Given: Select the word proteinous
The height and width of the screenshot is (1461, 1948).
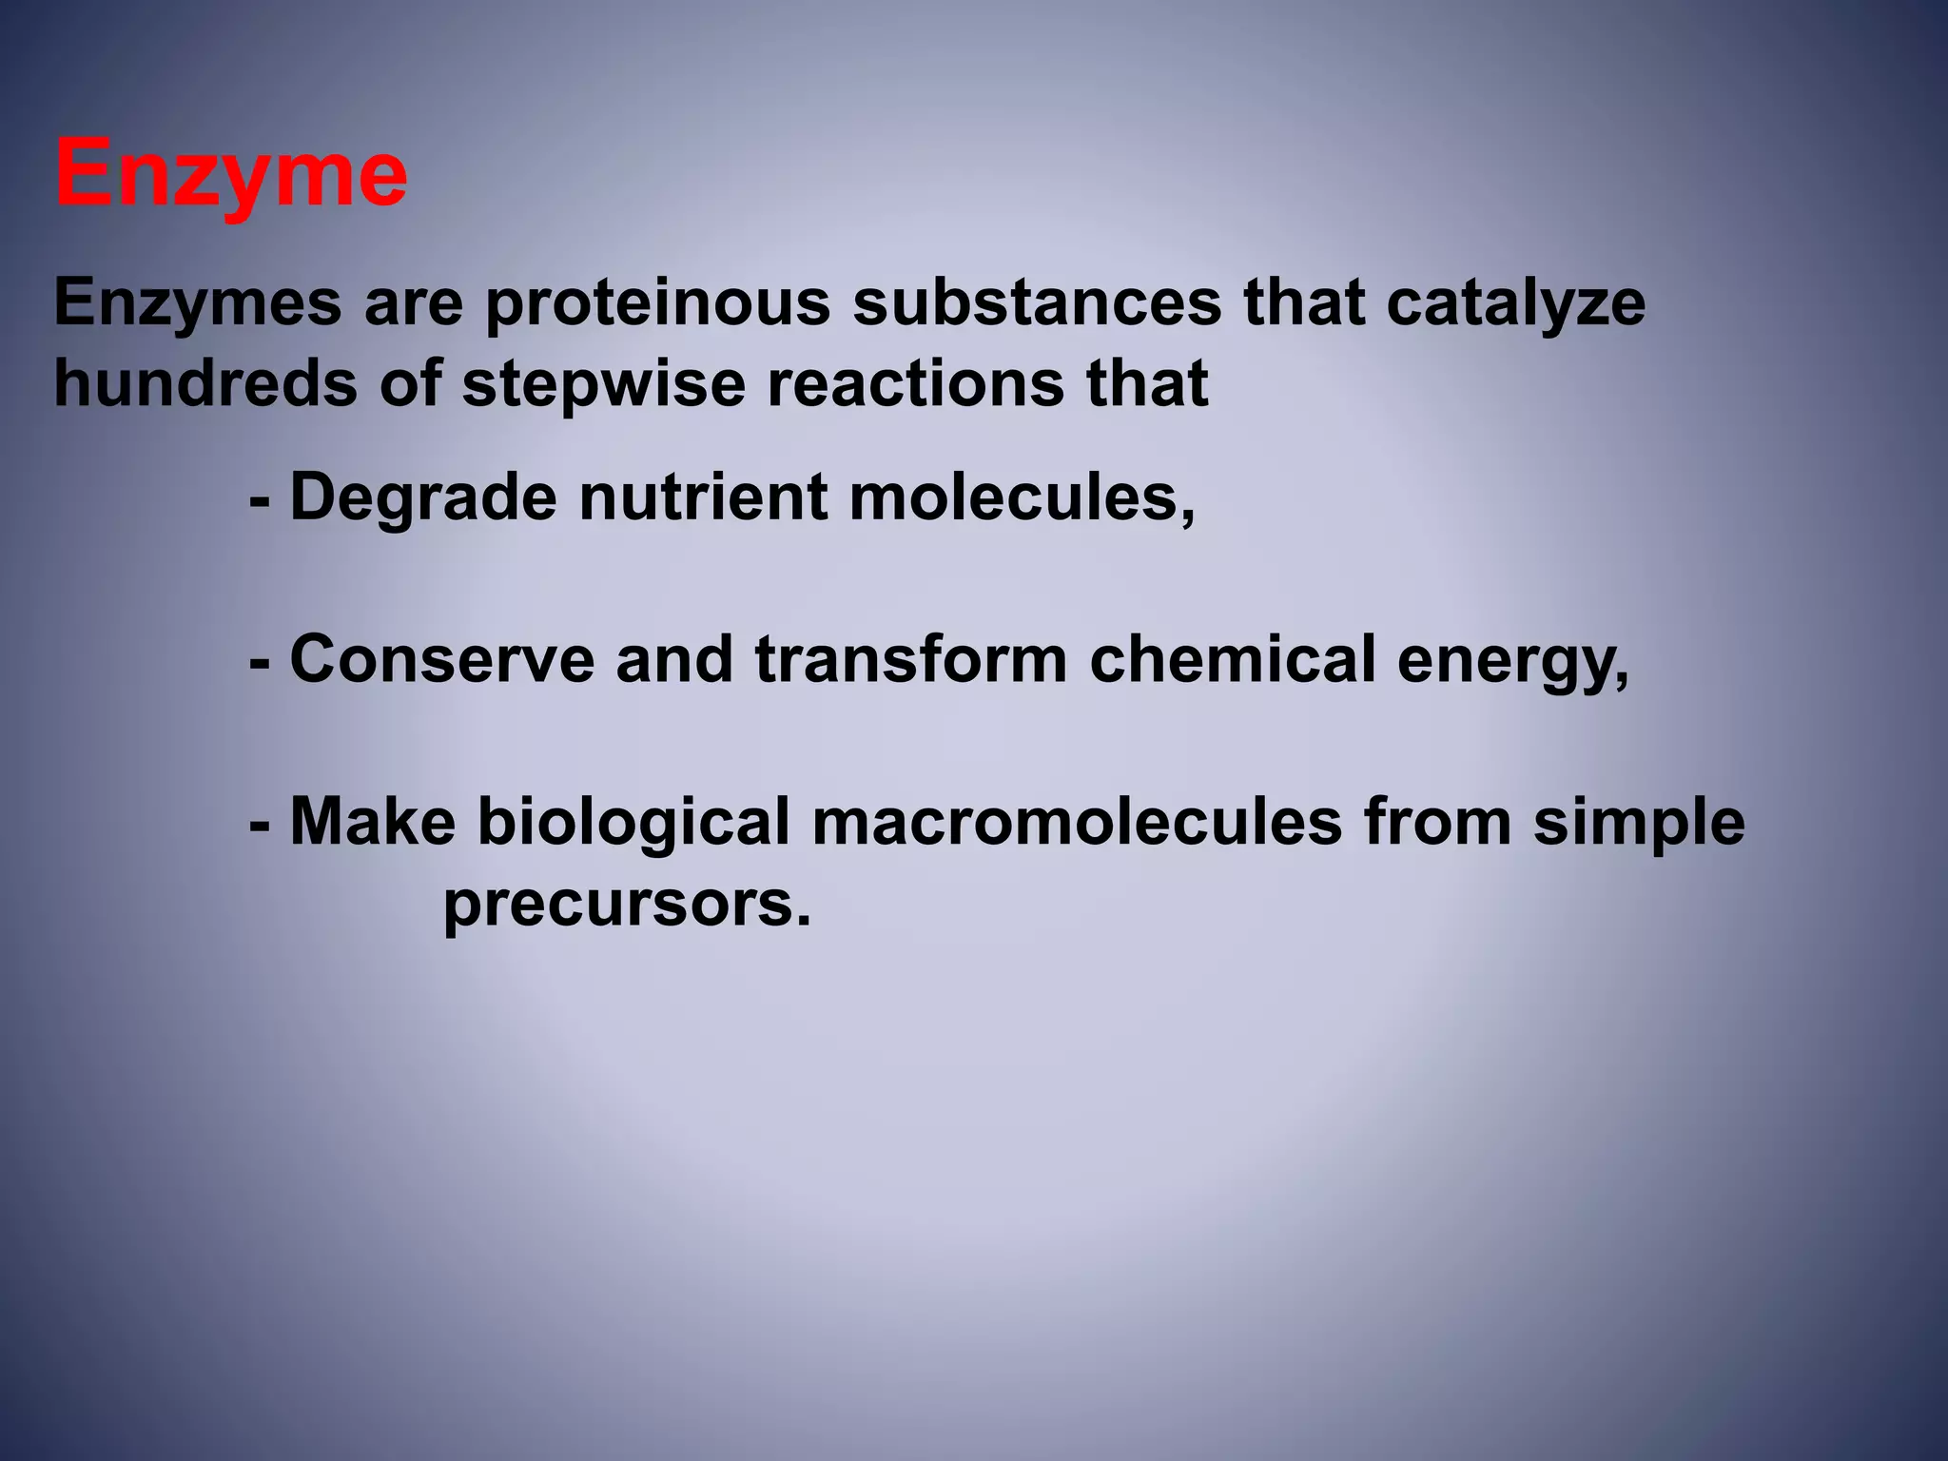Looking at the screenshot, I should pos(657,304).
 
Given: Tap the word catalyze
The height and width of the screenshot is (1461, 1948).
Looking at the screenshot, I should pos(1515,304).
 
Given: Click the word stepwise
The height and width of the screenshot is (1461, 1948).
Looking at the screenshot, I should pos(603,385).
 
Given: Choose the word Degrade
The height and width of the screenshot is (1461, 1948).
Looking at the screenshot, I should pos(423,498).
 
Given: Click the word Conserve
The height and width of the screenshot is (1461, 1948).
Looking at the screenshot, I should pos(442,659).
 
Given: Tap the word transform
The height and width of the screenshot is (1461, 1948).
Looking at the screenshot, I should pos(911,659).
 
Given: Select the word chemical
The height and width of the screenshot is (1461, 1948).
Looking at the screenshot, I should pos(1232,659).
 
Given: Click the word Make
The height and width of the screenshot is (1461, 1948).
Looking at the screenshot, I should pos(373,822).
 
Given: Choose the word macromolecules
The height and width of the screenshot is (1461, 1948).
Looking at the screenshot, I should pos(1077,822).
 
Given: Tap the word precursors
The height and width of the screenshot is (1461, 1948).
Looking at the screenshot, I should pos(627,906).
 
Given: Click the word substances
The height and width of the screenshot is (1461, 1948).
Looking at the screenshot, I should pos(1037,304).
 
